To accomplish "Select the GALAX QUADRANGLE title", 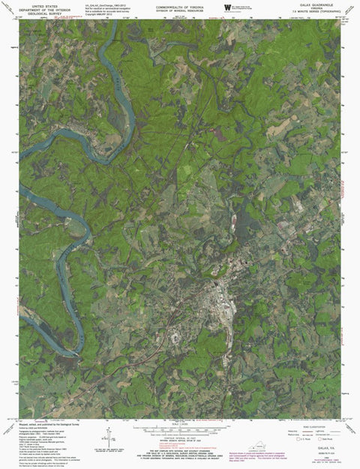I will pos(315,5).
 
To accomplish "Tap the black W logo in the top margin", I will pos(226,8).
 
